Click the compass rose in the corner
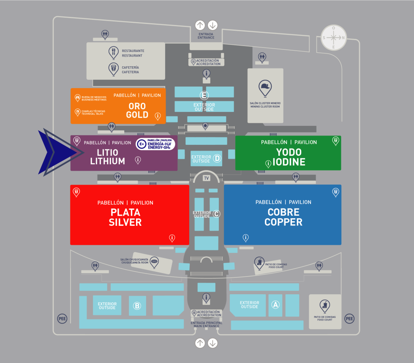(334, 38)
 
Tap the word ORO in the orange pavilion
(137, 106)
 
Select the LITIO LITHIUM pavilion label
(107, 157)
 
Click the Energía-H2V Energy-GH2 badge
(155, 144)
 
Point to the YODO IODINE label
(289, 157)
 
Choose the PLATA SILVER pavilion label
(125, 217)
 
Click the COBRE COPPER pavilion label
(283, 217)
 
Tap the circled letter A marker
(276, 304)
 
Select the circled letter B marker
(137, 306)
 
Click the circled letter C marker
(216, 214)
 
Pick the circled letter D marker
(217, 158)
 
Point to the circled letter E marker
(204, 95)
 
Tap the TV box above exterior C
(207, 178)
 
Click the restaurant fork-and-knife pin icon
(114, 52)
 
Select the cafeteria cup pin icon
(114, 68)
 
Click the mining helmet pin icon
(265, 87)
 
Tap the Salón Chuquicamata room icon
(154, 262)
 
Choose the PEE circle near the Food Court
(349, 319)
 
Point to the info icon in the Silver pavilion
(172, 238)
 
